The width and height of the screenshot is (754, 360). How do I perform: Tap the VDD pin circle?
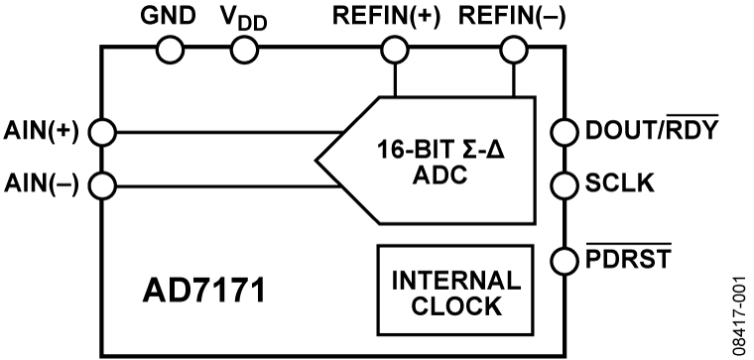coord(243,49)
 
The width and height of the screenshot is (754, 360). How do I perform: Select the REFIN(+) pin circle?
coord(395,49)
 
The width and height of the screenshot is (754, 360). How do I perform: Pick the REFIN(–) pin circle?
coord(513,49)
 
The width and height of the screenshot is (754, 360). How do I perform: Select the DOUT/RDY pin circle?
coord(564,131)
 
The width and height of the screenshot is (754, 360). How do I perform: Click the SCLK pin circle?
coord(564,183)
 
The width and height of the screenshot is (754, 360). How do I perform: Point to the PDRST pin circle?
coord(564,261)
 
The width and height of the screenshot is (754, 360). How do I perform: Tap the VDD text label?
coord(244,18)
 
